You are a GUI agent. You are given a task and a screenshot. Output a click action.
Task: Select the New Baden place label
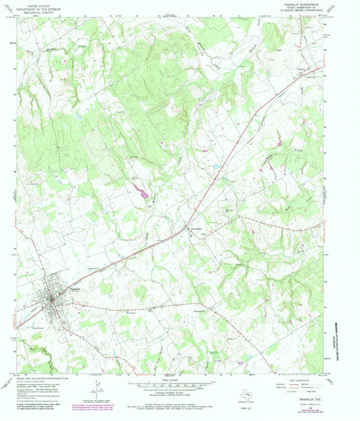195,229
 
